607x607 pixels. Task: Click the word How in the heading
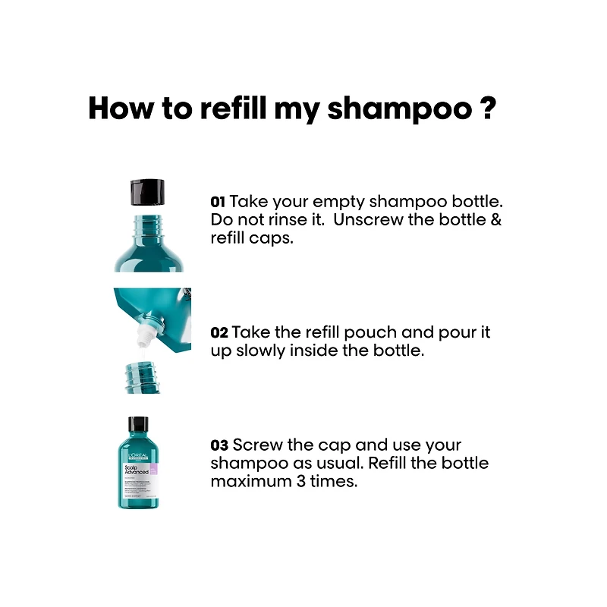[x=121, y=109]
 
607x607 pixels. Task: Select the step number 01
[x=218, y=203]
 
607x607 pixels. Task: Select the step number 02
[x=219, y=334]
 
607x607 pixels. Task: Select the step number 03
[x=219, y=445]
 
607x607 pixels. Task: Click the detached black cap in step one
[x=148, y=191]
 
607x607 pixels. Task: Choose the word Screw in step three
[x=257, y=445]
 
